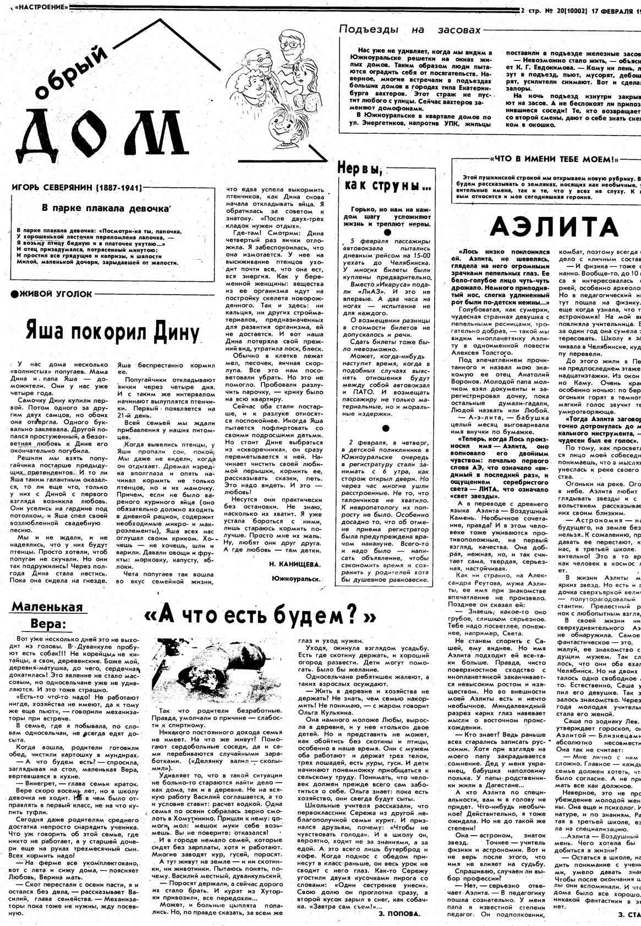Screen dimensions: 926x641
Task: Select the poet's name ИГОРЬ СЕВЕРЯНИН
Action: [76, 188]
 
